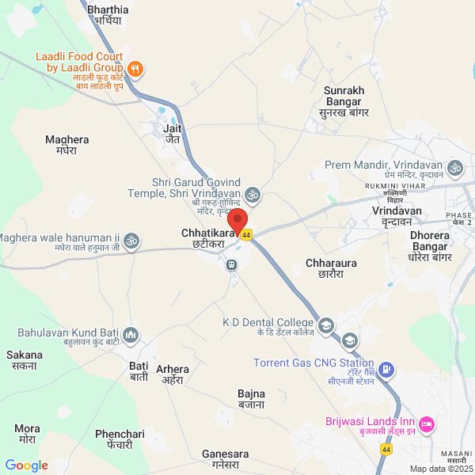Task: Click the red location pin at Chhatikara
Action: tap(237, 219)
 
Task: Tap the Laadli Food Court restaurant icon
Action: tap(135, 70)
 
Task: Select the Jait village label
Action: tap(173, 132)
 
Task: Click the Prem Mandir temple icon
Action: tap(454, 168)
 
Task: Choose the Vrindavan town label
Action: tap(396, 218)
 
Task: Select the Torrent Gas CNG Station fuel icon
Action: tap(386, 369)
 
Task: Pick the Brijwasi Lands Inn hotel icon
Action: tap(426, 425)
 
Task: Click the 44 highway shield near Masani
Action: tap(386, 449)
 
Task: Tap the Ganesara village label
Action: tap(226, 459)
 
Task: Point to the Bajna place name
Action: tap(251, 399)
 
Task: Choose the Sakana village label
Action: tap(25, 360)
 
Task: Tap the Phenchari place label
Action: tap(120, 439)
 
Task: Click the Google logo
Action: tap(27, 465)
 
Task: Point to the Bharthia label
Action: tap(108, 14)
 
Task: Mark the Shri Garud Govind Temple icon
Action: tap(252, 193)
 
